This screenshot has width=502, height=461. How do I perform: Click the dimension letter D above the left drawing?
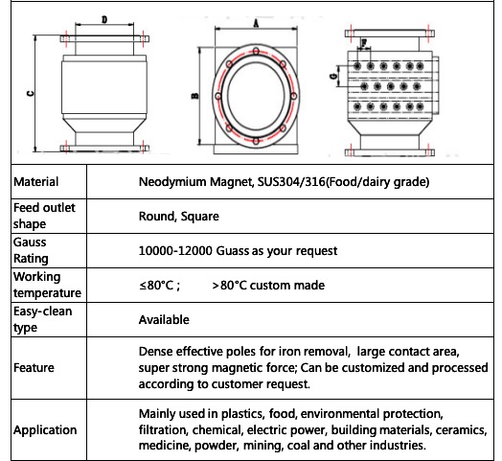[104, 20]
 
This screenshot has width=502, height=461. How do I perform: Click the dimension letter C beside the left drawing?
[30, 94]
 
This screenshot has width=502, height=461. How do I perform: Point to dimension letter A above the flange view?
[256, 23]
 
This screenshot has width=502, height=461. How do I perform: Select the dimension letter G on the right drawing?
[333, 77]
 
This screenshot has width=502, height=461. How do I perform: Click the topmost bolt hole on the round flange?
[256, 51]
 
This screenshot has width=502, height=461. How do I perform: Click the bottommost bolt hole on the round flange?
[256, 141]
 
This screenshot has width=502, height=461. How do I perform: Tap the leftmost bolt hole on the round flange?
[218, 96]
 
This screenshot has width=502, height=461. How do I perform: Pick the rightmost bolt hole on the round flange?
[293, 96]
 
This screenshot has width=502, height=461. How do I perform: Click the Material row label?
[35, 182]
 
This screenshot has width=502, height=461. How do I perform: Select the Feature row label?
[34, 367]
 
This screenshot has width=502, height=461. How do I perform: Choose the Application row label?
[45, 430]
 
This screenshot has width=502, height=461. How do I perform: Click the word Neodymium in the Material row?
[172, 182]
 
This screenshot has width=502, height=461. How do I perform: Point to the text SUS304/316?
[291, 182]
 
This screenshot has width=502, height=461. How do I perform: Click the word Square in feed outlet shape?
[200, 217]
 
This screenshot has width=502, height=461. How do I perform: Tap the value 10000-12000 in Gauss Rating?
[175, 251]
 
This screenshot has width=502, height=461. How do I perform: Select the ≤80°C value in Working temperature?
[156, 285]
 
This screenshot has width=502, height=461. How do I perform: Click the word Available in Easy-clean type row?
[164, 320]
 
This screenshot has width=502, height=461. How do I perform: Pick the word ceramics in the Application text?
[461, 430]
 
